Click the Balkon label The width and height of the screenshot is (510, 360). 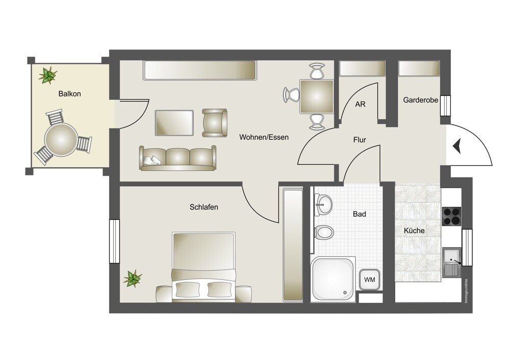[x=69, y=94]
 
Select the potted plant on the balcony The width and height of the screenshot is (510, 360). [x=48, y=75]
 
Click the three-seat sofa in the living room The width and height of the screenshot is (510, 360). [x=177, y=159]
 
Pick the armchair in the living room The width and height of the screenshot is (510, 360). [x=215, y=122]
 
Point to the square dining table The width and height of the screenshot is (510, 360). [x=317, y=96]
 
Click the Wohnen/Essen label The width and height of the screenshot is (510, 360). [x=264, y=137]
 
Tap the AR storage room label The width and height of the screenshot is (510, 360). [x=361, y=104]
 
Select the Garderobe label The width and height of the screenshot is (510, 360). [x=421, y=100]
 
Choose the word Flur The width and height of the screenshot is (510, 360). [x=360, y=140]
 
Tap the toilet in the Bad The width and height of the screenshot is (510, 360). [x=324, y=233]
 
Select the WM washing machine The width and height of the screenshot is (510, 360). [x=369, y=279]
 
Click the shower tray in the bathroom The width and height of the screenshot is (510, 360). [x=332, y=278]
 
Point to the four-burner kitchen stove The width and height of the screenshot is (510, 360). [x=452, y=216]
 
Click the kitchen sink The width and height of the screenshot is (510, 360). [x=452, y=262]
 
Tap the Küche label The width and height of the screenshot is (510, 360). [x=414, y=230]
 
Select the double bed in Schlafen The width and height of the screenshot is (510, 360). [x=204, y=267]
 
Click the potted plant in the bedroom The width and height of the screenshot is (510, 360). [x=133, y=278]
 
